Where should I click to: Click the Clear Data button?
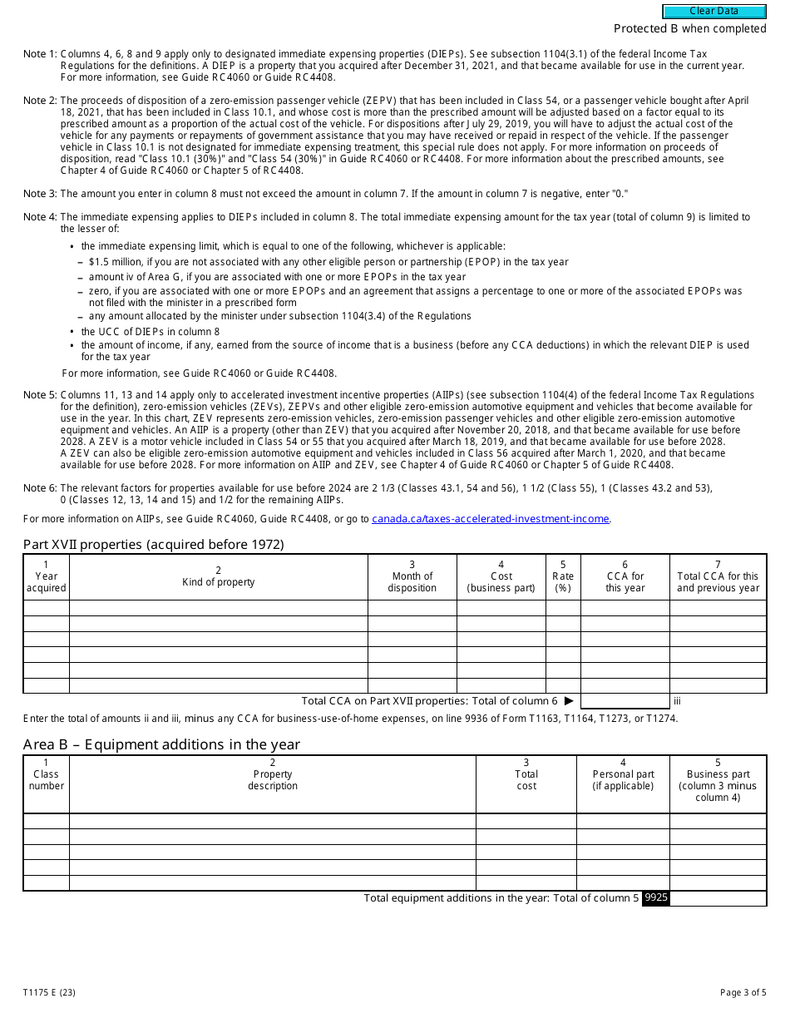tap(713, 12)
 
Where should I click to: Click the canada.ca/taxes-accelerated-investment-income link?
tap(491, 519)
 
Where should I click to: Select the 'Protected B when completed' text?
tap(689, 29)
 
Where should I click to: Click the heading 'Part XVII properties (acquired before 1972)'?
tap(154, 545)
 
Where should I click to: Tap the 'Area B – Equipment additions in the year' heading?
tap(161, 744)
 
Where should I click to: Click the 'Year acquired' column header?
tap(46, 576)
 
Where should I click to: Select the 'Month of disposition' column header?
tap(412, 576)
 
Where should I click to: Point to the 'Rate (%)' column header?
tap(563, 576)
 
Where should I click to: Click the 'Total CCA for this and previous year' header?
tap(718, 576)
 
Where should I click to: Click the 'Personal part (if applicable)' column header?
tap(623, 780)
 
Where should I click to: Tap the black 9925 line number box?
tap(656, 898)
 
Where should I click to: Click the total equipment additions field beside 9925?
tap(718, 898)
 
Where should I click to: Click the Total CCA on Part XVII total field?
tap(625, 701)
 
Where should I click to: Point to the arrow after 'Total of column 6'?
tap(569, 701)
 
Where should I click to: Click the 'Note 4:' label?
tap(40, 217)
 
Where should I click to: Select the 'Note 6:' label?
tap(40, 488)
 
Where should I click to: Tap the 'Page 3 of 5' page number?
tap(743, 992)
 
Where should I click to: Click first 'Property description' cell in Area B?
tap(272, 821)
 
